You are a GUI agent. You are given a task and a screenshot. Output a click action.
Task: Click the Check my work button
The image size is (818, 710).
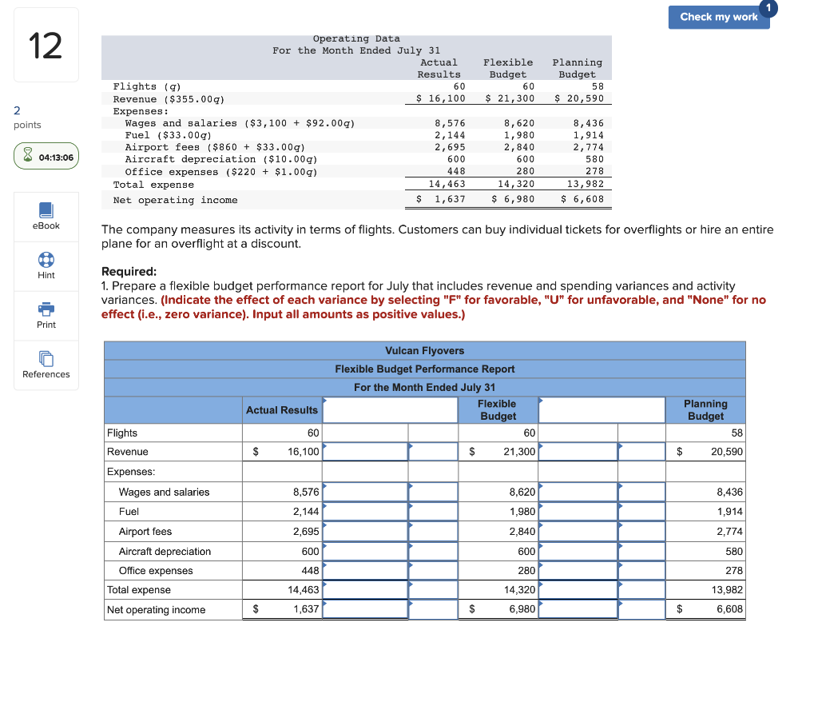718,17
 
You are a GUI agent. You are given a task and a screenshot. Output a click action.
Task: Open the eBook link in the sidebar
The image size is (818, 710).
46,216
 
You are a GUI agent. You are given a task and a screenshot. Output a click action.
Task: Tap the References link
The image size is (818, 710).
46,365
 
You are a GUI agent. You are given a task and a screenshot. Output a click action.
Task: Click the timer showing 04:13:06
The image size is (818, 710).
46,158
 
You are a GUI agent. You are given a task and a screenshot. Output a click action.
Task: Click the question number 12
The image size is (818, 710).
46,46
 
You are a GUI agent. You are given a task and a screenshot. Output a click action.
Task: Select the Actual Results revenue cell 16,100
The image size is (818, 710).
303,452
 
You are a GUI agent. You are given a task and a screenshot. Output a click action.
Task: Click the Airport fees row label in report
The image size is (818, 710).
145,532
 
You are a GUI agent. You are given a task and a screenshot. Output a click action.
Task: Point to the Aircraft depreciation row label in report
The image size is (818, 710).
165,552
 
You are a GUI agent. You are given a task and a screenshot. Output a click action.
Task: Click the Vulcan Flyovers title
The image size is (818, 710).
424,351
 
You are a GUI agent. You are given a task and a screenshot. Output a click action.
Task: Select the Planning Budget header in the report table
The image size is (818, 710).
705,410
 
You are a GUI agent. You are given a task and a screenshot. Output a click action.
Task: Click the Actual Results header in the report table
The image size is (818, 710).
281,410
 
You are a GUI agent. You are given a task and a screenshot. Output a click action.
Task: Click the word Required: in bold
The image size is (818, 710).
129,272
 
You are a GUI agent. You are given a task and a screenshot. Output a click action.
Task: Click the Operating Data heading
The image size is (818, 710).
356,38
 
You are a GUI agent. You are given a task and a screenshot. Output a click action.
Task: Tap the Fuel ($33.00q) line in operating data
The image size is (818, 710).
168,135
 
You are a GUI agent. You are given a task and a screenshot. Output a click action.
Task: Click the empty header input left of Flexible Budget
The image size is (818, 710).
390,410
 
